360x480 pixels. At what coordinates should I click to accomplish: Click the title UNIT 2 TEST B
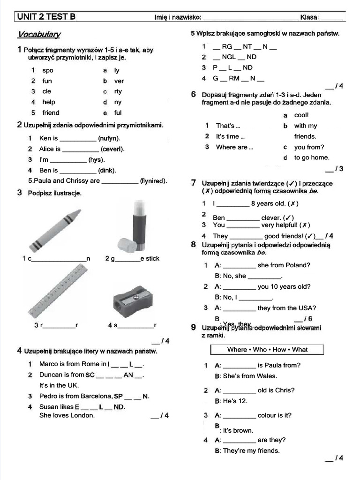(x=46, y=17)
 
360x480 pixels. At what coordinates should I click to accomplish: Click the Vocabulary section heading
(x=39, y=35)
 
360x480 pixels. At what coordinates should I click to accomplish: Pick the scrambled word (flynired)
(x=154, y=181)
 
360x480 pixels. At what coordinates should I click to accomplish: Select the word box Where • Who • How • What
(x=267, y=350)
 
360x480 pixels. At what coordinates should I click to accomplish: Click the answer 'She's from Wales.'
(x=250, y=376)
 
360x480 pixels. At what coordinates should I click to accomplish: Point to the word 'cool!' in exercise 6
(x=301, y=115)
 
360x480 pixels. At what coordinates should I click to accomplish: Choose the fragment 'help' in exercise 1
(x=48, y=102)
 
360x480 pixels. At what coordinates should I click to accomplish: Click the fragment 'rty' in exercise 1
(x=118, y=91)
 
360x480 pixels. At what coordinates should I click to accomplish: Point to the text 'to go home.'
(x=312, y=157)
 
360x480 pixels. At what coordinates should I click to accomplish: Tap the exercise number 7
(x=193, y=183)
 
